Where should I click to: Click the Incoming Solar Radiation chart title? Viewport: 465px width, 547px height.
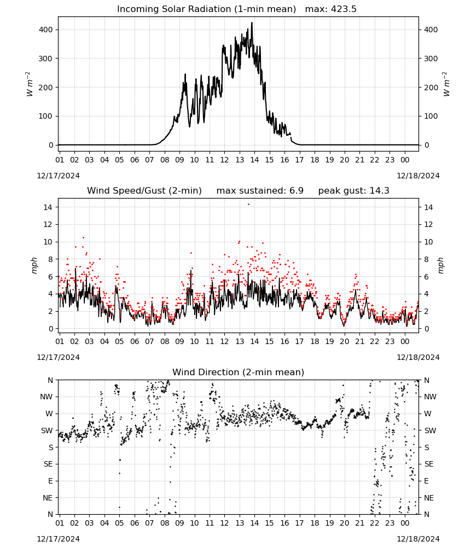coord(206,9)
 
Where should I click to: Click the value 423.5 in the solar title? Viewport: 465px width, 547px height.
coord(344,9)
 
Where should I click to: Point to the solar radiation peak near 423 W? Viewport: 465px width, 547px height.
coord(252,23)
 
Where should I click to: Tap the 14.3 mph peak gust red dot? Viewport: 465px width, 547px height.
coord(248,205)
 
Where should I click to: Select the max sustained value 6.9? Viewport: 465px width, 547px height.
coord(296,191)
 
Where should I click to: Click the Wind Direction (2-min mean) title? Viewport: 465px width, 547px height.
coord(239,372)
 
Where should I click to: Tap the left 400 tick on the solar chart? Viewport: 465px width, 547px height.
coord(46,30)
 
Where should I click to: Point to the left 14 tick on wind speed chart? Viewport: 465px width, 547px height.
coord(48,207)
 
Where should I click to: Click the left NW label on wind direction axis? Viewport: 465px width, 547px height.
coord(47,397)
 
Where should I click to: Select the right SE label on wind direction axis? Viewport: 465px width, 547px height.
coord(429,464)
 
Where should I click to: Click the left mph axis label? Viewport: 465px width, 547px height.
coord(34,265)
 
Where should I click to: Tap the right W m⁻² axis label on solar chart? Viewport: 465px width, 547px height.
coord(446,84)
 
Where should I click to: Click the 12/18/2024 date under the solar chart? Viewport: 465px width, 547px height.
coord(418,176)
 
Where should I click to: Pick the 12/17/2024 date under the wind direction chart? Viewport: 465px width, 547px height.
coord(58,539)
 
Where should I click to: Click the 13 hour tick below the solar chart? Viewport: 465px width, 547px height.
coord(239,160)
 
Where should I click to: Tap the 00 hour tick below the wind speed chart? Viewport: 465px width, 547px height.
coord(405,341)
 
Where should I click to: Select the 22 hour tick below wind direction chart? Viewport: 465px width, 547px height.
coord(374,523)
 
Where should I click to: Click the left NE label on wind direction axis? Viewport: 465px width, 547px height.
coord(48,498)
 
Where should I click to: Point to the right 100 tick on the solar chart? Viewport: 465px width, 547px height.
coord(431,116)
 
